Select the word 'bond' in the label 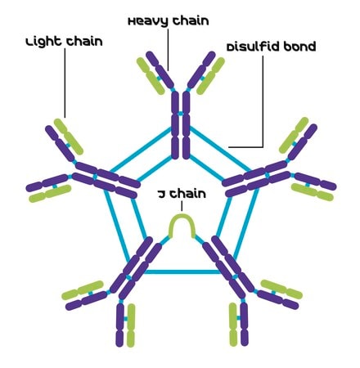pyautogui.click(x=299, y=47)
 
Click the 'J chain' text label pyautogui.click(x=182, y=194)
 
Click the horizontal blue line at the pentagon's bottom pyautogui.click(x=182, y=272)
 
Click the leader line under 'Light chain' pyautogui.click(x=65, y=83)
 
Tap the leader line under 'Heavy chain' pyautogui.click(x=168, y=50)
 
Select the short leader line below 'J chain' pyautogui.click(x=182, y=206)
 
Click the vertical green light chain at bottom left pyautogui.click(x=131, y=325)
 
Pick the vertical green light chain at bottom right pyautogui.click(x=233, y=325)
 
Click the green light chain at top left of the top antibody pyautogui.click(x=151, y=76)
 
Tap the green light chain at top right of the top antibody pyautogui.click(x=210, y=76)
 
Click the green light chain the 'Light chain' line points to pyautogui.click(x=69, y=137)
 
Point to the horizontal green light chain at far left pyautogui.click(x=50, y=194)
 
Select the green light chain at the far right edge pyautogui.click(x=313, y=192)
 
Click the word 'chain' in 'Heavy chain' pyautogui.click(x=191, y=21)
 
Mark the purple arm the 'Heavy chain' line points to pyautogui.click(x=160, y=70)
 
